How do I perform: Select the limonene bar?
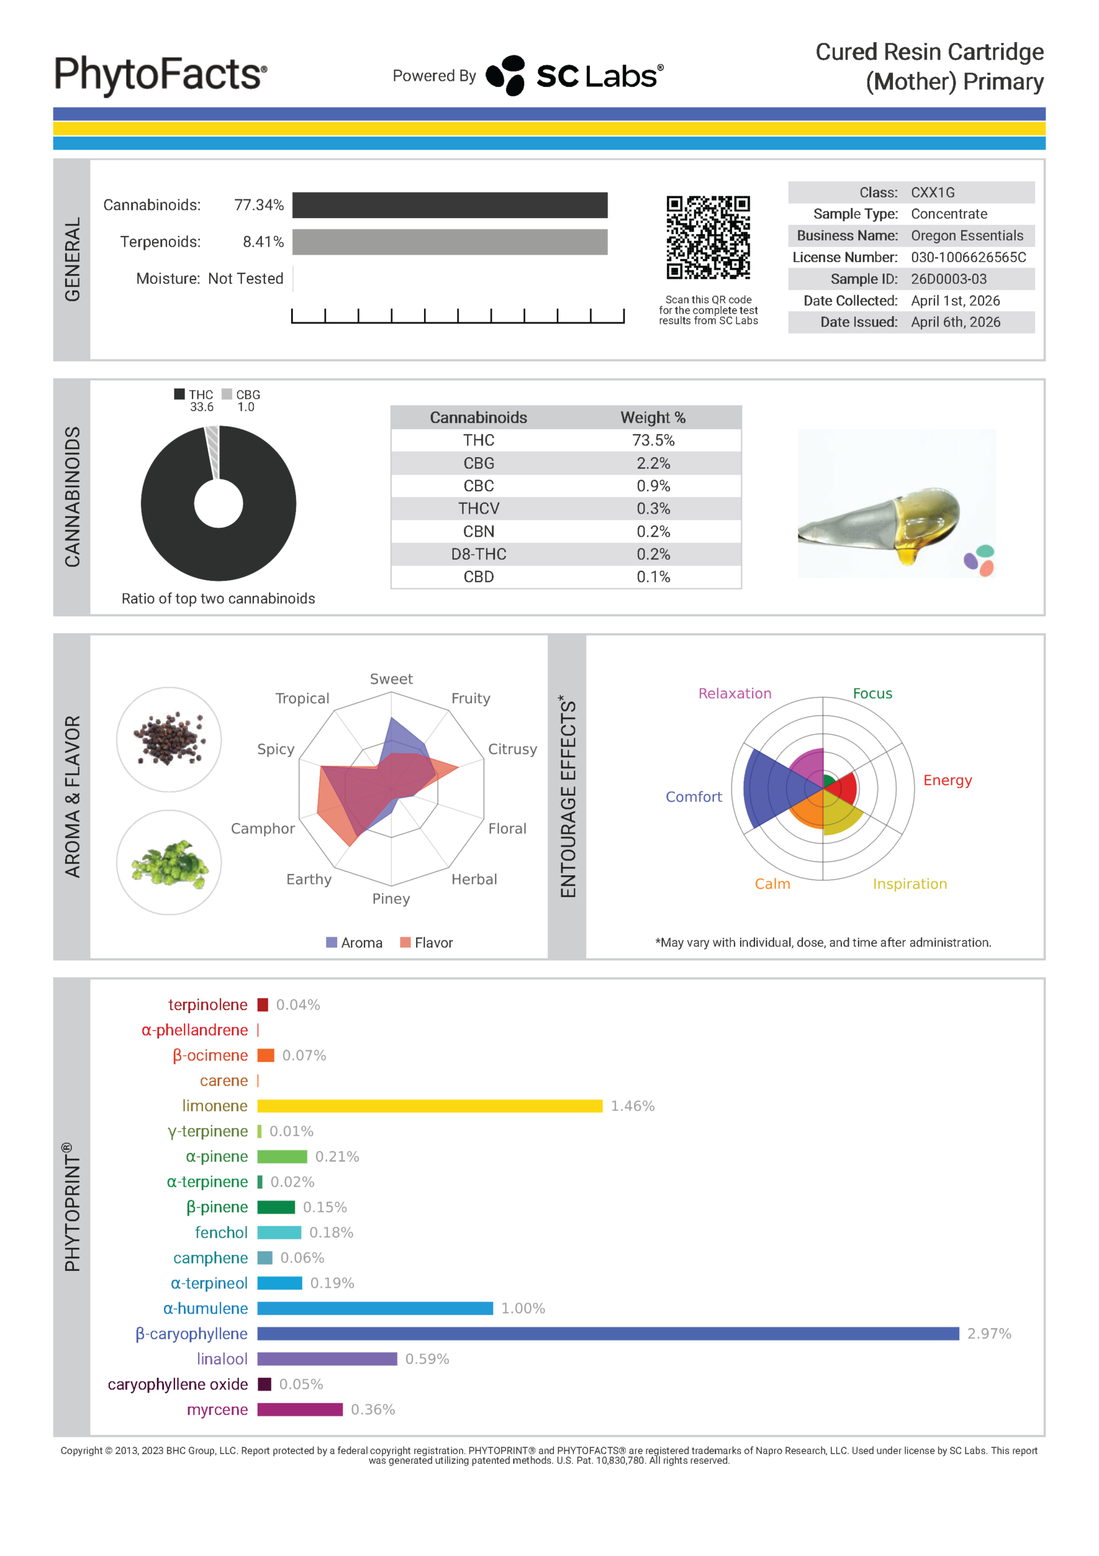tap(430, 1106)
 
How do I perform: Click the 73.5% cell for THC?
tap(653, 441)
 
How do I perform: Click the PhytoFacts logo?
tap(160, 75)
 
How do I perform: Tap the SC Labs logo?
tap(575, 76)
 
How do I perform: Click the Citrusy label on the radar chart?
tap(512, 749)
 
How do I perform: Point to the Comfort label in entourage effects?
tap(693, 797)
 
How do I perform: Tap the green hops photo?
tap(169, 862)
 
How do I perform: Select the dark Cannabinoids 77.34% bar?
tap(450, 205)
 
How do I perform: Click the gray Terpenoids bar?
tap(450, 242)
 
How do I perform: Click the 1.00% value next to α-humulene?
tap(523, 1309)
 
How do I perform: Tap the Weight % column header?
tap(653, 418)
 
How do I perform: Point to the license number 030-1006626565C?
tap(968, 258)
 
